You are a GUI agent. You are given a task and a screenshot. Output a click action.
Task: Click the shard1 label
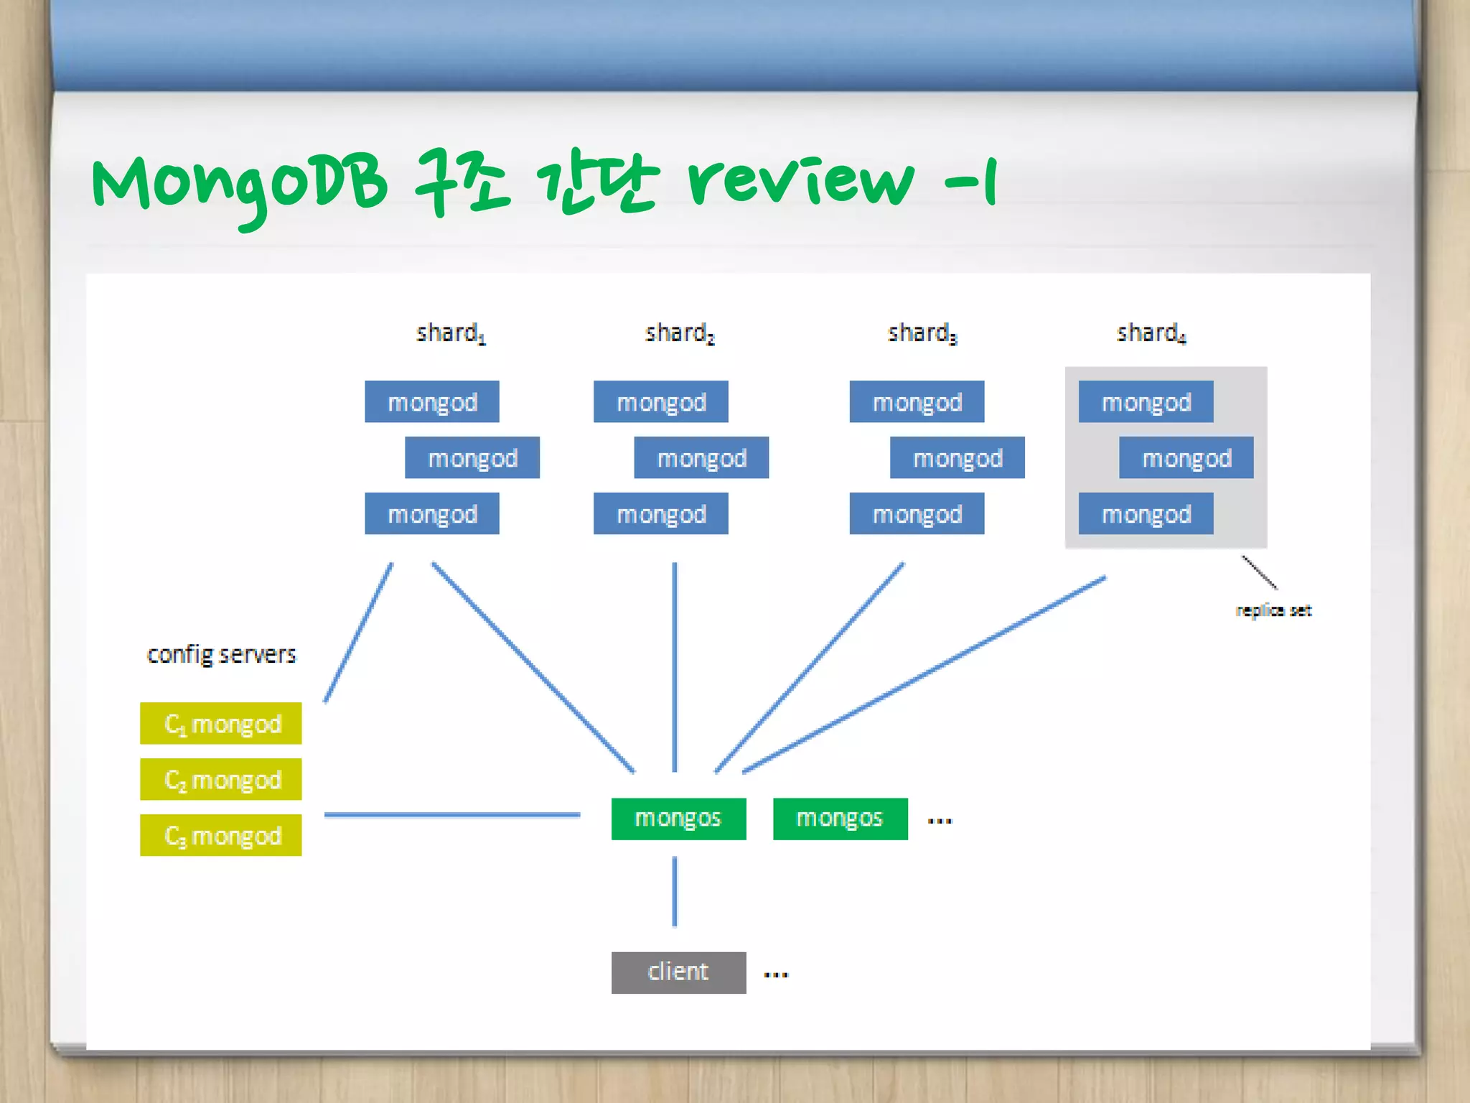point(451,333)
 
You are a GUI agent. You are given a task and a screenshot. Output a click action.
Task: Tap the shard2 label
point(679,333)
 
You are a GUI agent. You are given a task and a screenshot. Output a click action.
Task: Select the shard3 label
point(922,333)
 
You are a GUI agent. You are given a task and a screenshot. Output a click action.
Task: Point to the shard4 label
point(1151,333)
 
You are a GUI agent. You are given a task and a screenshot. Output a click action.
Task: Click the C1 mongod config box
point(221,723)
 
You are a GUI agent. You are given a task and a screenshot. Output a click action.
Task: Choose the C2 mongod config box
point(221,779)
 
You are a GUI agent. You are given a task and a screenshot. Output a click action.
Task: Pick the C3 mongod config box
point(221,835)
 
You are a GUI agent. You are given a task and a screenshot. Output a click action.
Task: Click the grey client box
point(678,972)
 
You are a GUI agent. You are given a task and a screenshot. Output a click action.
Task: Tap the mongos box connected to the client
point(678,819)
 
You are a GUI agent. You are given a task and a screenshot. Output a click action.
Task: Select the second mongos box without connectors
point(840,819)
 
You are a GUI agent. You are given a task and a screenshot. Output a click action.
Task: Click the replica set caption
point(1273,610)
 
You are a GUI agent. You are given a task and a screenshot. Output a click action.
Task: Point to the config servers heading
point(221,654)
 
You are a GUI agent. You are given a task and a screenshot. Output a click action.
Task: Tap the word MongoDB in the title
point(239,183)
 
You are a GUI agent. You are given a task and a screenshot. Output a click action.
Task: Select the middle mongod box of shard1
point(472,457)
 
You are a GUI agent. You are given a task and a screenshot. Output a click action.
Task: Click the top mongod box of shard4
point(1146,401)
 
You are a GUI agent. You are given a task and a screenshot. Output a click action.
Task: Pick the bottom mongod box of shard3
point(917,513)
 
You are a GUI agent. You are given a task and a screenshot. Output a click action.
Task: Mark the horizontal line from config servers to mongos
point(452,815)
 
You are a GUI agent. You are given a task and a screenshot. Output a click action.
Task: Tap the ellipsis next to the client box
point(776,974)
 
